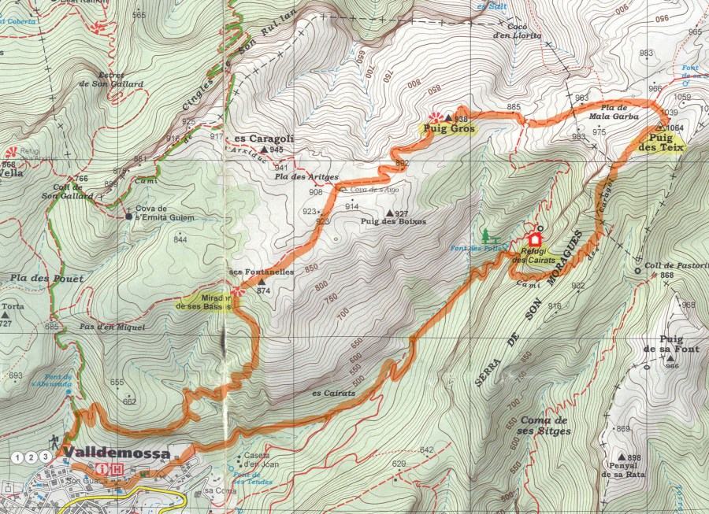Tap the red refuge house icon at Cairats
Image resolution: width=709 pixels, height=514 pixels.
536,239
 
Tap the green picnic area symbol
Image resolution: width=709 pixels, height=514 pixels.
488,235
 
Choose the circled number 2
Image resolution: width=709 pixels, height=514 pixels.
32,457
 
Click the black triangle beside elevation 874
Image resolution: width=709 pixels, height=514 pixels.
261,281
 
